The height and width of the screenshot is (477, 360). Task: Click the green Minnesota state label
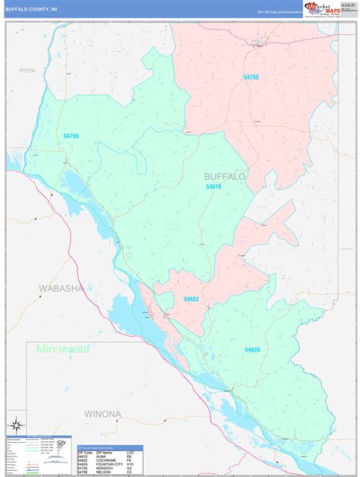pyautogui.click(x=61, y=349)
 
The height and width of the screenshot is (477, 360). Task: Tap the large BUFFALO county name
pyautogui.click(x=225, y=176)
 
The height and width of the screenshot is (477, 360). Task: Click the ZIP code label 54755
pyautogui.click(x=251, y=77)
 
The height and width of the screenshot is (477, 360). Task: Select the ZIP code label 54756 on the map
pyautogui.click(x=71, y=136)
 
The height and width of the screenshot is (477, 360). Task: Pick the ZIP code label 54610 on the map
pyautogui.click(x=212, y=186)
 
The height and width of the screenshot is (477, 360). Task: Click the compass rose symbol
pyautogui.click(x=14, y=424)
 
